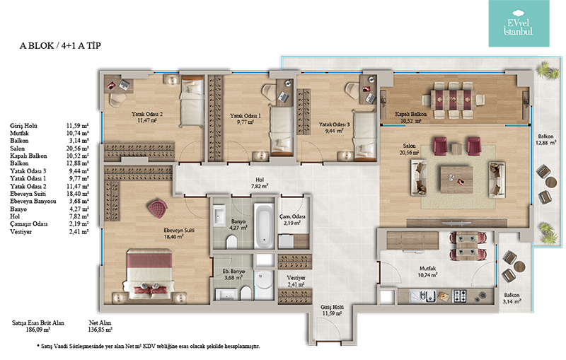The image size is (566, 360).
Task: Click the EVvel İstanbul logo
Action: click(519, 23)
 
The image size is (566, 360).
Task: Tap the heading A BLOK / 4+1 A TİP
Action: click(60, 46)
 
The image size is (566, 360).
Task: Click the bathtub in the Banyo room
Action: click(264, 226)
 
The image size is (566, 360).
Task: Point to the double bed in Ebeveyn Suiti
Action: click(149, 274)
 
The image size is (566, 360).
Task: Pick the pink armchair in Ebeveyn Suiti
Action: click(158, 209)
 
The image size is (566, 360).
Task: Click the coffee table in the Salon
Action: click(456, 179)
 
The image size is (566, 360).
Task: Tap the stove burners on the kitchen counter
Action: click(459, 296)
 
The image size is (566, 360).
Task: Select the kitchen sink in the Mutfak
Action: click(422, 296)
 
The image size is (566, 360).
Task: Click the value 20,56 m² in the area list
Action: click(77, 149)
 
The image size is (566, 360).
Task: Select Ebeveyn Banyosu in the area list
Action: click(33, 202)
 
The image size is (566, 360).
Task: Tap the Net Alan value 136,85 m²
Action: click(100, 330)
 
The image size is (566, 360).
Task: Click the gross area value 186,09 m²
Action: click(38, 330)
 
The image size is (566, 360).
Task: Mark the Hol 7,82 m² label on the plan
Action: click(260, 183)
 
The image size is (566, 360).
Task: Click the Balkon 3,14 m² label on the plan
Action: click(512, 298)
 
